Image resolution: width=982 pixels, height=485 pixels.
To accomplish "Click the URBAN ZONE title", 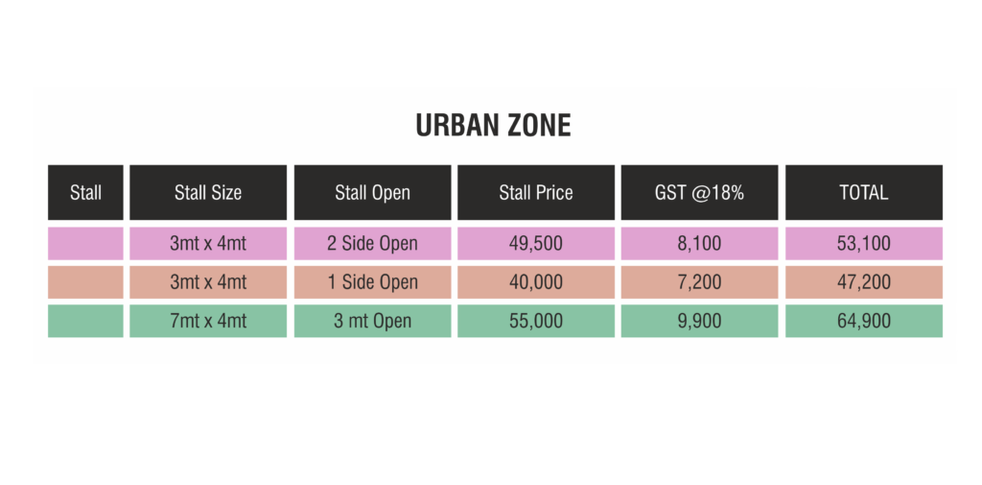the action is (494, 126).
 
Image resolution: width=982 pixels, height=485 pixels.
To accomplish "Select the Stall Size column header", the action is (208, 192).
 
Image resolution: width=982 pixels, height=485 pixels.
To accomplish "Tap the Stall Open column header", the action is (373, 192).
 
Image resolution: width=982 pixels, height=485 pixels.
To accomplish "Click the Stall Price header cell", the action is (536, 192).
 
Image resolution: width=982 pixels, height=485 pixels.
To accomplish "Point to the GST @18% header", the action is (699, 192).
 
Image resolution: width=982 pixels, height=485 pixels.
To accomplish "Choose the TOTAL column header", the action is (864, 192).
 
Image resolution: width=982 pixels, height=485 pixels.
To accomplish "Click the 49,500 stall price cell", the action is (536, 243).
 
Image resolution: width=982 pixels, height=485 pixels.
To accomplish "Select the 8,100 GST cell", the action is (699, 243).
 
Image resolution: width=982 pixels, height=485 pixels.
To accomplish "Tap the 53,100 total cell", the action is (864, 243).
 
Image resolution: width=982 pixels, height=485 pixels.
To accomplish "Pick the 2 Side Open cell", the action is (373, 243).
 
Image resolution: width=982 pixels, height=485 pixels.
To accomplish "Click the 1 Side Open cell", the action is (373, 282).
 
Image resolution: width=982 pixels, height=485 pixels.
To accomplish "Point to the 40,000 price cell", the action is (536, 282).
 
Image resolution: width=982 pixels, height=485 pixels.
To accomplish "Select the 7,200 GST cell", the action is (699, 282).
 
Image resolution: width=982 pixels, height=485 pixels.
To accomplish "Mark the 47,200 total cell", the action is (864, 282).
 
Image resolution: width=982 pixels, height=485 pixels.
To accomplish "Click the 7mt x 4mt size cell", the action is (208, 321).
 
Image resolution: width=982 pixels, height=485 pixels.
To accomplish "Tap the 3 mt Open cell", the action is (373, 321).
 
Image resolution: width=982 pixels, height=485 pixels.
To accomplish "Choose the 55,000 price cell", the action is (536, 321).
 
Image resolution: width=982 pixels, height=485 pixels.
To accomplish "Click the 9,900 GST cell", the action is (699, 321).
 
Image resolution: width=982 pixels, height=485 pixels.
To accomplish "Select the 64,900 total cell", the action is (864, 321).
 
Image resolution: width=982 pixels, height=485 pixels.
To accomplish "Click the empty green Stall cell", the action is (85, 321).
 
